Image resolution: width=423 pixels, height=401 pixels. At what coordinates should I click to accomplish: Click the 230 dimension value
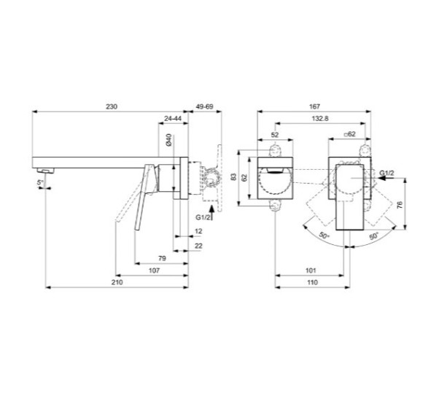110,106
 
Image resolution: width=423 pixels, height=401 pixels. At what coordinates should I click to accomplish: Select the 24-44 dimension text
174,117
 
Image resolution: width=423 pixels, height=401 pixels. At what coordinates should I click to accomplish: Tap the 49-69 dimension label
203,106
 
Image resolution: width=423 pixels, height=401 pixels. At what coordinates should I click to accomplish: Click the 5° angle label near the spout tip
42,182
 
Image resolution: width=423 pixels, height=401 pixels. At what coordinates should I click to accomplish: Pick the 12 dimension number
198,231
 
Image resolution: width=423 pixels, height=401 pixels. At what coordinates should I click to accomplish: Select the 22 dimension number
198,246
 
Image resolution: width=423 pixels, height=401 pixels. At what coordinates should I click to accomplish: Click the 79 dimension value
163,258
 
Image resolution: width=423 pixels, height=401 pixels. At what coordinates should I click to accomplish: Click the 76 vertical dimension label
400,206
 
